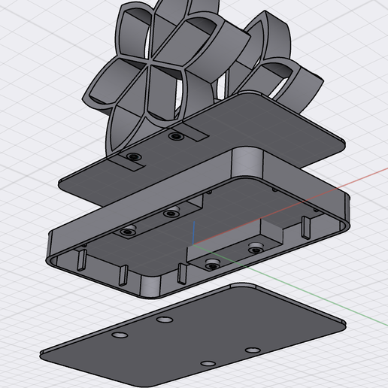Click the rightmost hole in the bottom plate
pyautogui.click(x=253, y=350)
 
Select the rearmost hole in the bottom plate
pyautogui.click(x=163, y=320)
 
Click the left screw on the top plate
pyautogui.click(x=134, y=156)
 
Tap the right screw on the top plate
pyautogui.click(x=176, y=138)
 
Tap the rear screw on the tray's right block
pyautogui.click(x=256, y=247)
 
